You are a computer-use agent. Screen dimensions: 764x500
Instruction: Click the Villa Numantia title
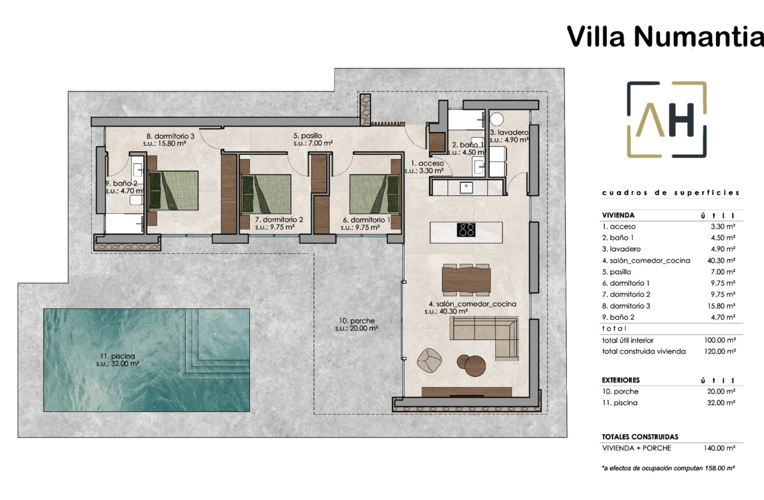(x=665, y=36)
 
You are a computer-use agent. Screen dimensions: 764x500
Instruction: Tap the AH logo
(x=667, y=119)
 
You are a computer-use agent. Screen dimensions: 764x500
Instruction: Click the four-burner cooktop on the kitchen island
(x=466, y=230)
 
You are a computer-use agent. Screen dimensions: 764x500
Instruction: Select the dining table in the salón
(x=466, y=280)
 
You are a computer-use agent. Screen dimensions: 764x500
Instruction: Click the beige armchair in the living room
(x=429, y=360)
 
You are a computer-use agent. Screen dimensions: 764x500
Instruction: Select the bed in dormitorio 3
(x=173, y=191)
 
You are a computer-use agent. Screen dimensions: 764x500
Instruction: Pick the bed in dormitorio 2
(x=266, y=194)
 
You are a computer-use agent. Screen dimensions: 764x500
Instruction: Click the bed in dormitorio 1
(x=374, y=194)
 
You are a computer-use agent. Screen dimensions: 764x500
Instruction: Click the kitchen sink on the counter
(x=466, y=187)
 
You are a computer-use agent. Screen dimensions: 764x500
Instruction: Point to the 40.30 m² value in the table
(x=721, y=261)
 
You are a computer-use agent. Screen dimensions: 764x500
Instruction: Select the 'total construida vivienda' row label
(x=644, y=351)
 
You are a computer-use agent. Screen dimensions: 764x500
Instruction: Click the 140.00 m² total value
(x=719, y=448)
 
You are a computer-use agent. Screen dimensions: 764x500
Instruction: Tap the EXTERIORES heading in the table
(x=621, y=380)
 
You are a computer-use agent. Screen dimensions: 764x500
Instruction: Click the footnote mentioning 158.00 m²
(x=668, y=468)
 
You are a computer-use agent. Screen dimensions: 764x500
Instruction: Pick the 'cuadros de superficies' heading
(x=671, y=193)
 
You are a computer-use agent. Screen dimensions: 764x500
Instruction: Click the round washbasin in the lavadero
(x=497, y=119)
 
